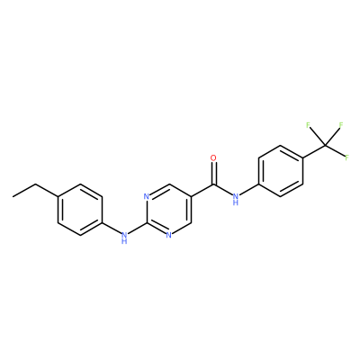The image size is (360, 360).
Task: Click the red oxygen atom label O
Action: click(x=213, y=158)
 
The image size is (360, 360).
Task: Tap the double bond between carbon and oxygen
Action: click(x=213, y=174)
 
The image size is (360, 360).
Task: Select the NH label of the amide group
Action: click(x=236, y=200)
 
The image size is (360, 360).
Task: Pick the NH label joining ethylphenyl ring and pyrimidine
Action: click(x=124, y=238)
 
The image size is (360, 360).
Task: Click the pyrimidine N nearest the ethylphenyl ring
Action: click(x=147, y=197)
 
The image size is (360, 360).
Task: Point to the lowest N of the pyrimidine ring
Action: click(x=168, y=235)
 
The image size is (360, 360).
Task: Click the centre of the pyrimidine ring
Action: click(x=168, y=210)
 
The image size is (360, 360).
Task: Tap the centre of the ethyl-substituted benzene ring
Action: click(x=80, y=210)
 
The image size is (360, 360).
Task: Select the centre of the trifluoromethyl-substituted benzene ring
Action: click(x=281, y=171)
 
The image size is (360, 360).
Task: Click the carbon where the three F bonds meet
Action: click(x=325, y=146)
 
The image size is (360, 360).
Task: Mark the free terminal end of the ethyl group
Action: click(x=13, y=197)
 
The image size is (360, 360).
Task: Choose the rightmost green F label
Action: click(x=347, y=157)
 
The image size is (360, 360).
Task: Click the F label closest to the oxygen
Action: click(x=308, y=125)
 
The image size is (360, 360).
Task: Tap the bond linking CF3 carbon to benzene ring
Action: click(x=314, y=152)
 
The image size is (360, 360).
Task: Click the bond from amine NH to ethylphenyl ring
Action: click(x=112, y=229)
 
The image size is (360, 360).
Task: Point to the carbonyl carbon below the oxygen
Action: click(x=213, y=184)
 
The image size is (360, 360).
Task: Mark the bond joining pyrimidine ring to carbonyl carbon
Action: click(x=202, y=191)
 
